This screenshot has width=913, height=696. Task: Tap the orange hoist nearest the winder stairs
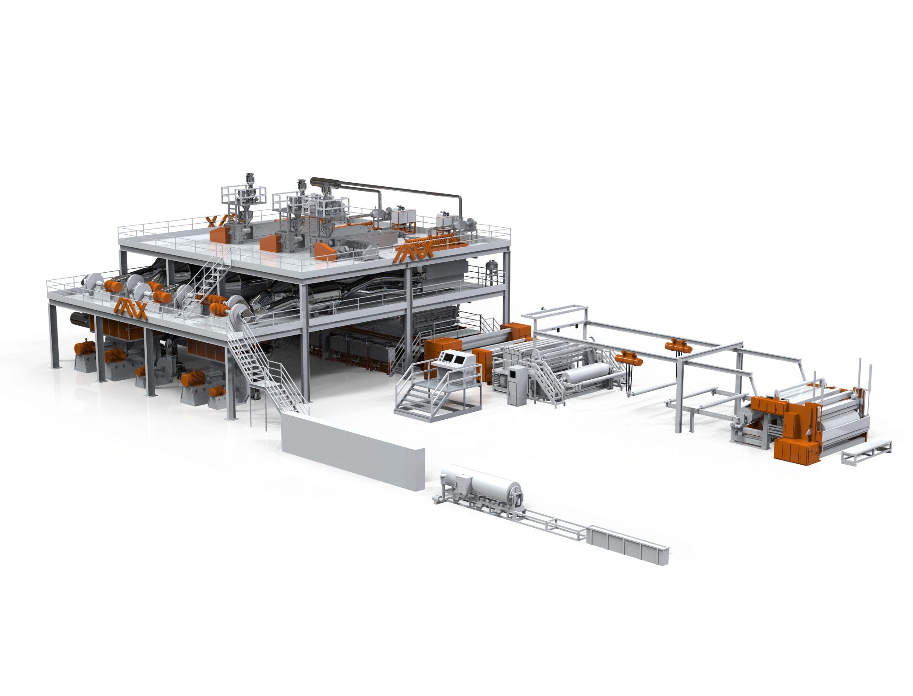[628, 357]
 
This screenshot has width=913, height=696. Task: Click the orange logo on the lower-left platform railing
[130, 308]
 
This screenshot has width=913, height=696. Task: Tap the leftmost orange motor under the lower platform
[85, 347]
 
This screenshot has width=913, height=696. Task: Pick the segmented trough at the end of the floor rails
[628, 545]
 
